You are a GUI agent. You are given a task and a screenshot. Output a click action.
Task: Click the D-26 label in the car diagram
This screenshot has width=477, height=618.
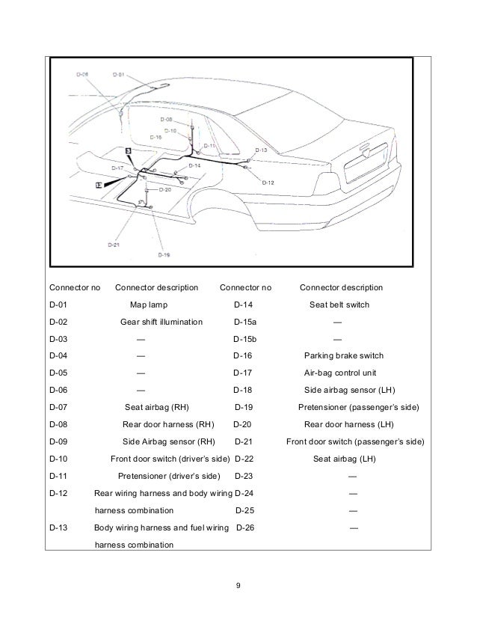pos(83,74)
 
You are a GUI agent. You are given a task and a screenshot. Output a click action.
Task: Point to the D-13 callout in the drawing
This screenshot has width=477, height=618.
pos(261,150)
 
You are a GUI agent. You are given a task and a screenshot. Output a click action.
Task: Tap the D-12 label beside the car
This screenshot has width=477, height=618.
pos(268,183)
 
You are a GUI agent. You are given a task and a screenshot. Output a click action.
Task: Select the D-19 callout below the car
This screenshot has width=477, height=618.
pos(164,254)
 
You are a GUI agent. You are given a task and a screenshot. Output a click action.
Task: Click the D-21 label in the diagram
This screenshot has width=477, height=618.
pos(114,244)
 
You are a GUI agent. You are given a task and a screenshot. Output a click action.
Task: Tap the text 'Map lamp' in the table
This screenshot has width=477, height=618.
pos(149,305)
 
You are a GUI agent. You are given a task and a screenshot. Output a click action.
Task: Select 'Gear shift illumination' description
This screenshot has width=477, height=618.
pos(161,322)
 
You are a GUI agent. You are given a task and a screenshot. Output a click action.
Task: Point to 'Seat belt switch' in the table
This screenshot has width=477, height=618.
pos(339,305)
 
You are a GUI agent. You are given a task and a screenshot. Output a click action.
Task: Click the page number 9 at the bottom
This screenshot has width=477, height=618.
pos(238,584)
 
